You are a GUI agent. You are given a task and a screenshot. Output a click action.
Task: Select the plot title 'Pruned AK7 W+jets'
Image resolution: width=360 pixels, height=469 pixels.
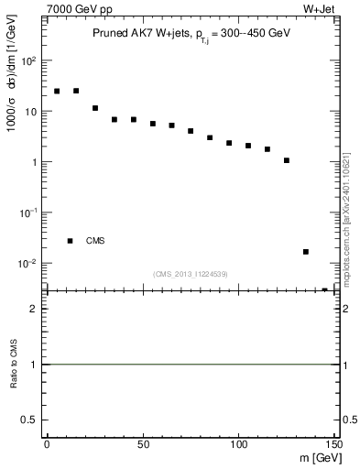pos(136,33)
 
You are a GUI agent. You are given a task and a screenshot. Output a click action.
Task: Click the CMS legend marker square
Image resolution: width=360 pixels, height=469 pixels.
pos(70,241)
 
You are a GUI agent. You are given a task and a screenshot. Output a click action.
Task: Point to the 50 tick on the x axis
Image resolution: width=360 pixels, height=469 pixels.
pos(142,446)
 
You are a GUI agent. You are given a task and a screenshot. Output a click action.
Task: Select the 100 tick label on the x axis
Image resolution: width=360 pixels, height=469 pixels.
pos(238,446)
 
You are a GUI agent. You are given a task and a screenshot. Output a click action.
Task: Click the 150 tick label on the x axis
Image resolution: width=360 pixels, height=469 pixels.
pos(333,446)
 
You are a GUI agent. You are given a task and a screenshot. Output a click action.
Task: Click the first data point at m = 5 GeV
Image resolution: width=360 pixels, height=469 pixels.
pos(57,92)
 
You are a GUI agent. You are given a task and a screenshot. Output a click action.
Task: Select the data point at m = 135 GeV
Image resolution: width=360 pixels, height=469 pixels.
pos(306,252)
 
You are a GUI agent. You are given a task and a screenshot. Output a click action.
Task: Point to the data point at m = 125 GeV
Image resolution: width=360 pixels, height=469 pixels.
pos(287,160)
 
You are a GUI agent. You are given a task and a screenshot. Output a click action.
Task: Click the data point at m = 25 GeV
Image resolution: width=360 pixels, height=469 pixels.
pos(95,108)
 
